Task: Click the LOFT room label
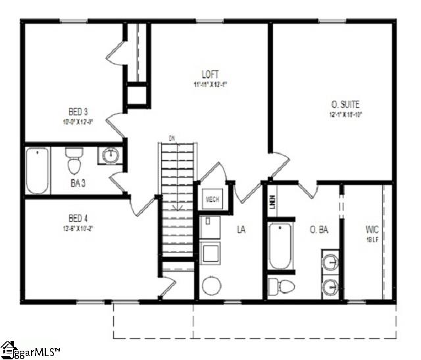[x=210, y=74]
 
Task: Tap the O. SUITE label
[x=345, y=104]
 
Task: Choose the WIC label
[x=372, y=230]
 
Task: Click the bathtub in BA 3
[x=37, y=170]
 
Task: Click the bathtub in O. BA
[x=280, y=247]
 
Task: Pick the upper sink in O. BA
[x=332, y=262]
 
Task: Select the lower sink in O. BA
[x=332, y=286]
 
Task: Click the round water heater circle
[x=212, y=286]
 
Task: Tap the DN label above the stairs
[x=172, y=138]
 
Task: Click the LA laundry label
[x=241, y=229]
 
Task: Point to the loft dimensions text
[x=210, y=84]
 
